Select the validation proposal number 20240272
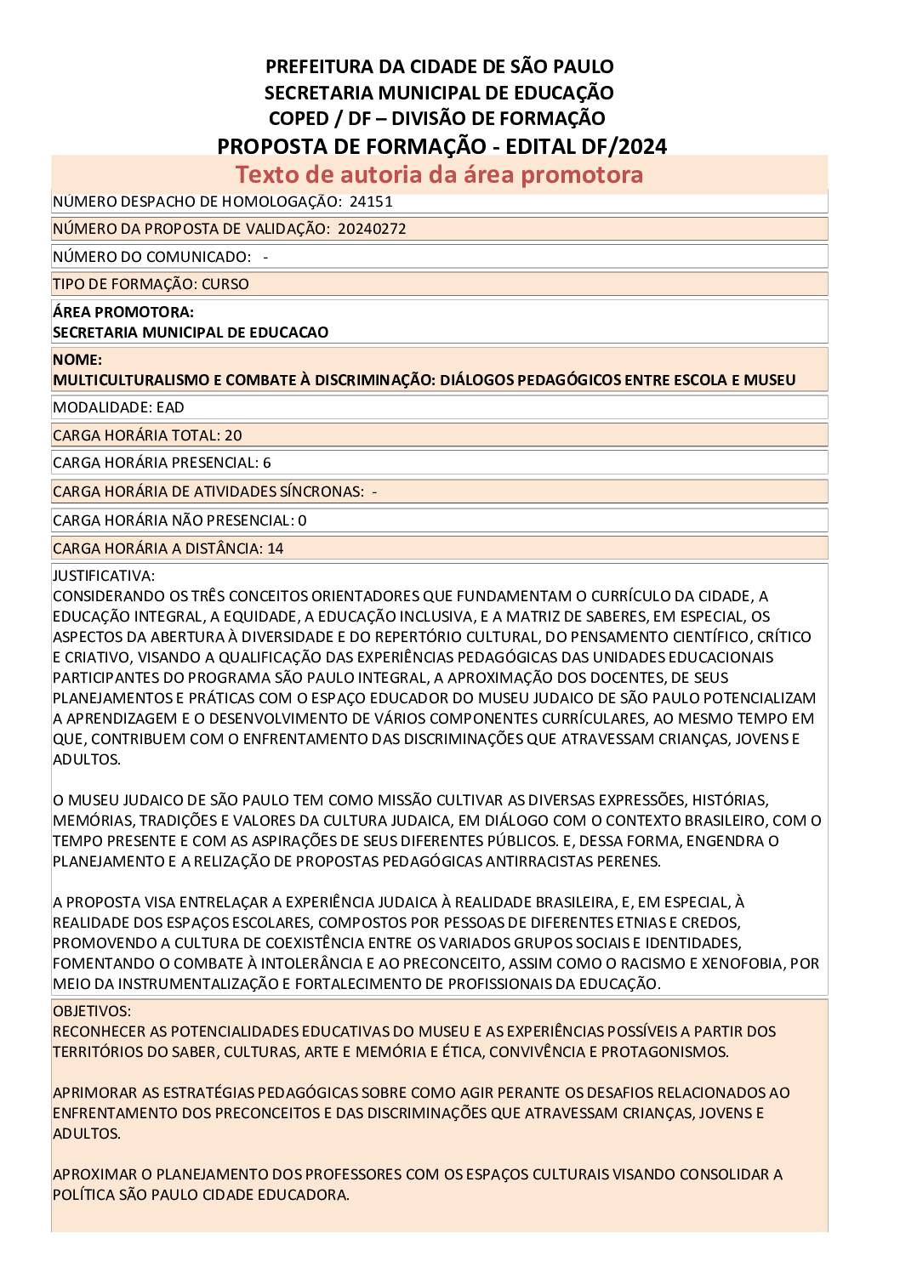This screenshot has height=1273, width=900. (x=371, y=229)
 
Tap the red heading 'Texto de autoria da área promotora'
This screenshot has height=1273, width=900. (x=439, y=174)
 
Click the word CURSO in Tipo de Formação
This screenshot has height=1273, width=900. (x=225, y=284)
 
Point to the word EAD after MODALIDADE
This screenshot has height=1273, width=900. (x=170, y=407)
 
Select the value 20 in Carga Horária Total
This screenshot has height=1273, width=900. (x=233, y=435)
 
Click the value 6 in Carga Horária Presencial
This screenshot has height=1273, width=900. (x=267, y=463)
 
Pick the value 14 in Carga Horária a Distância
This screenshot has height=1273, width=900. (x=275, y=548)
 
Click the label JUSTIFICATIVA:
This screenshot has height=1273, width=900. (x=104, y=576)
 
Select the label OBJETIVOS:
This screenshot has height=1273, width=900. (x=92, y=1011)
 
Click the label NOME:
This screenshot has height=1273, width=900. (x=77, y=360)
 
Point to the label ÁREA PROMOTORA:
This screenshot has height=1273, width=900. (x=123, y=312)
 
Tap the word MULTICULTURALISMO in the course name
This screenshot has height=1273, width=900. (x=124, y=380)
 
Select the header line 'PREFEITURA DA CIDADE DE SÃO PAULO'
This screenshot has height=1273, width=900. (x=439, y=66)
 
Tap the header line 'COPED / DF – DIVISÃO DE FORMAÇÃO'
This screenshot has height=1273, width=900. (x=436, y=118)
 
